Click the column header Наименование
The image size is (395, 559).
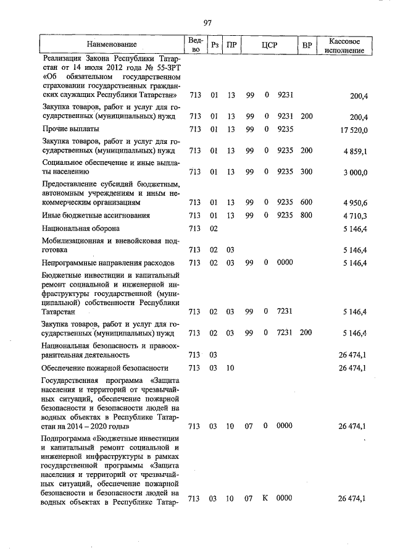click(x=112, y=45)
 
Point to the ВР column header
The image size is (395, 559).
click(x=306, y=45)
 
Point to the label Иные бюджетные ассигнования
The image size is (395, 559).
click(x=97, y=215)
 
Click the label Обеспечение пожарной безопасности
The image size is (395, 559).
click(x=106, y=368)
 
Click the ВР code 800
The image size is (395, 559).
click(x=306, y=216)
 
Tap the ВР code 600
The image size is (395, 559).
click(x=306, y=202)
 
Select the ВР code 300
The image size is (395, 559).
click(x=306, y=172)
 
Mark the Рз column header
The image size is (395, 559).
click(x=215, y=45)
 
